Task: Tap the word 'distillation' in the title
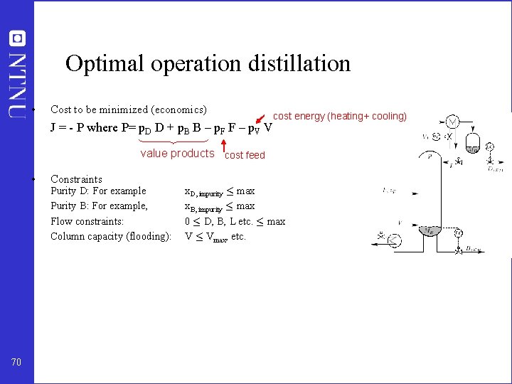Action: [x=299, y=64]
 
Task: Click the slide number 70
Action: [x=16, y=363]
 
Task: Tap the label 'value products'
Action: [x=177, y=154]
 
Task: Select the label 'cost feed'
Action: [x=245, y=155]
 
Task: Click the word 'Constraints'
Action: [x=76, y=179]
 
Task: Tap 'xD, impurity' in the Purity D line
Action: [x=204, y=192]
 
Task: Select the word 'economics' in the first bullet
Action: [x=178, y=110]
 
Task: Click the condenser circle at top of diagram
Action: [x=452, y=121]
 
